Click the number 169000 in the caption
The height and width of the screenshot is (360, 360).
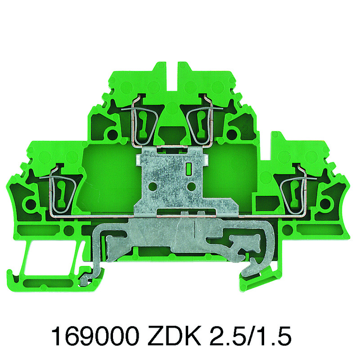[96, 337]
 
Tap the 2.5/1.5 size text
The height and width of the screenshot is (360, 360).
[251, 337]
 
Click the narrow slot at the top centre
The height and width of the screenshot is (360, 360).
[172, 76]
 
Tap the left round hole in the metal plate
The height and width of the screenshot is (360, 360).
[152, 187]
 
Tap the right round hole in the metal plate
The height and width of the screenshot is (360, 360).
[191, 187]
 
